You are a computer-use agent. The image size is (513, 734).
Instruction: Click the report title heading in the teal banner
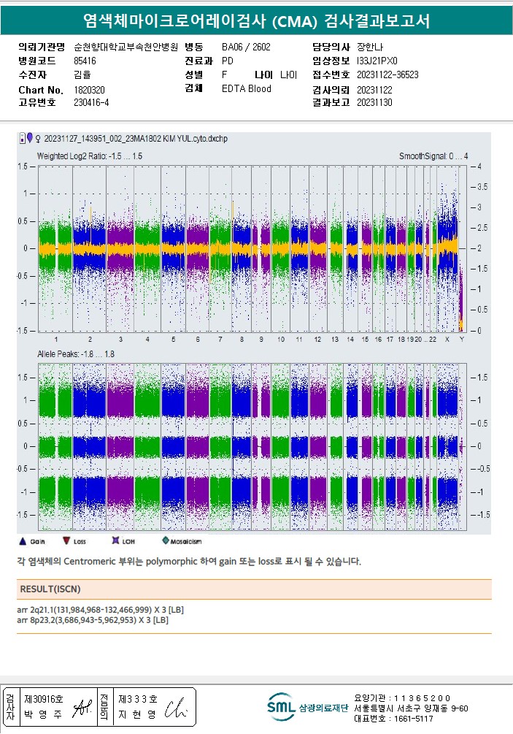(x=256, y=21)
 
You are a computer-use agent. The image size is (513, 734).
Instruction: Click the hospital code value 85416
(x=85, y=61)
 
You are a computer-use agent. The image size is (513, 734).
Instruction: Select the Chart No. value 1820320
(x=90, y=90)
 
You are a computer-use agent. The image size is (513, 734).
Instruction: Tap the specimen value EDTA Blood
(x=246, y=89)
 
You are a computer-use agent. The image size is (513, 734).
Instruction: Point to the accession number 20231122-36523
(x=387, y=75)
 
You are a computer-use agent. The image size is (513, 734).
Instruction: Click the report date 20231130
(x=374, y=103)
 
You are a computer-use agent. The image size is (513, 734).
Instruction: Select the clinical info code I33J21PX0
(x=377, y=61)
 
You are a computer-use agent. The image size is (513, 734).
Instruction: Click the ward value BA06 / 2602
(x=246, y=47)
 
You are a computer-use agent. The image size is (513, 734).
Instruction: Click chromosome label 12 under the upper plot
(x=317, y=340)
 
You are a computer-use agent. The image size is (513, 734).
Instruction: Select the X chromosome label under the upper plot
(x=447, y=340)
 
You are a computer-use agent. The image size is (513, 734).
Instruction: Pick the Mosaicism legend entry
(x=180, y=541)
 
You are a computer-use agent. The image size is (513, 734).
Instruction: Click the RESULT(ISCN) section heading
(x=50, y=589)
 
